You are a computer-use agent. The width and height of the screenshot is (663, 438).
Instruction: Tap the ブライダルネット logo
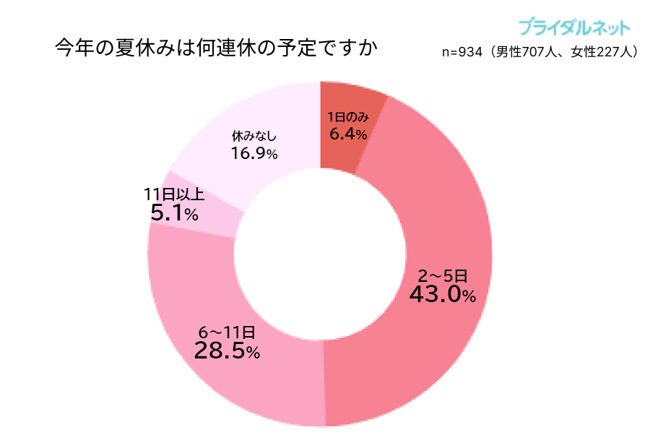click(x=573, y=28)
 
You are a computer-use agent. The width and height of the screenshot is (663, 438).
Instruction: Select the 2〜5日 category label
click(x=443, y=275)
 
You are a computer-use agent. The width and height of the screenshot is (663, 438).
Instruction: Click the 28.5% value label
click(x=227, y=351)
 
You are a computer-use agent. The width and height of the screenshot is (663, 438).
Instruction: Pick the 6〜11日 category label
click(x=227, y=332)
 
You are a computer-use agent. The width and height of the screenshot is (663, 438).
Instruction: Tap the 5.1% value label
click(x=174, y=213)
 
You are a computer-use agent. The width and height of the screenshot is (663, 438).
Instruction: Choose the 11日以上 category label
click(x=174, y=194)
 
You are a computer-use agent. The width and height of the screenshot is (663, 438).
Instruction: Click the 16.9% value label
click(x=254, y=153)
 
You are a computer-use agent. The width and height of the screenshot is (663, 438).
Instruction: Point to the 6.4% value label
click(x=348, y=134)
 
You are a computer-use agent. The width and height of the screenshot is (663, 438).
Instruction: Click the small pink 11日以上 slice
click(x=217, y=217)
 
